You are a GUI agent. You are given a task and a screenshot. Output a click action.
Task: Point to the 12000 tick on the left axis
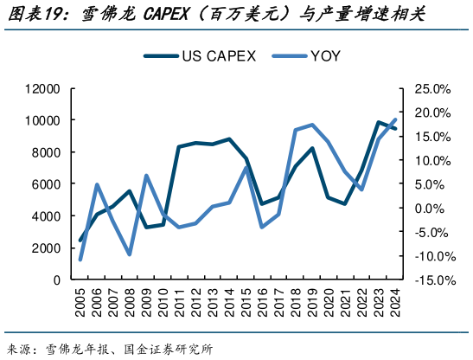[42, 89]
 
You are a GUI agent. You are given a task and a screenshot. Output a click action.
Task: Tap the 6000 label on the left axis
[45, 184]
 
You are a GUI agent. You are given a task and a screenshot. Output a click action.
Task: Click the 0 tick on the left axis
[56, 280]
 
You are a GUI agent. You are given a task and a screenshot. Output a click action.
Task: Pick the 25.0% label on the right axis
[433, 89]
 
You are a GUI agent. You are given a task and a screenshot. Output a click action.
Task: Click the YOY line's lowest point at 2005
[80, 259]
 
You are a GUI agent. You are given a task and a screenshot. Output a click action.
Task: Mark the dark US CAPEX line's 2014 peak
[230, 138]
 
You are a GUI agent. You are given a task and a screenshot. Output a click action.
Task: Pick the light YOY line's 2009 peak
[147, 176]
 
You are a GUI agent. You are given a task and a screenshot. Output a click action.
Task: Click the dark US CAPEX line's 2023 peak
[379, 123]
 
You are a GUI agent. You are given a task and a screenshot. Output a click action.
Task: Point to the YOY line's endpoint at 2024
[396, 119]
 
